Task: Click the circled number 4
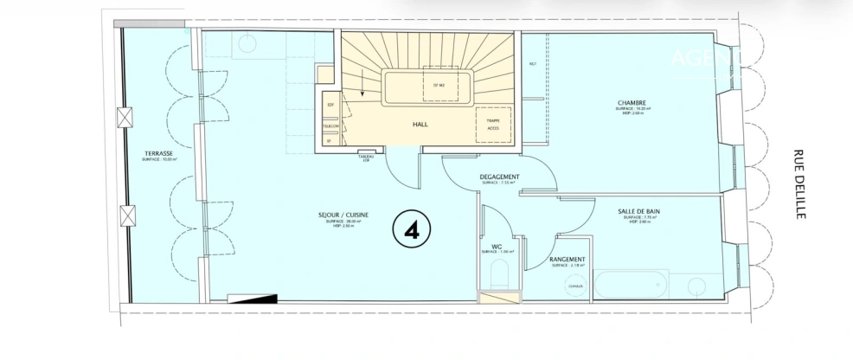click(x=412, y=228)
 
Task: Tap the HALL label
click(x=421, y=125)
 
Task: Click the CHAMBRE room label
click(x=632, y=102)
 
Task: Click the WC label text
click(x=497, y=246)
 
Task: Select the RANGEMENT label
click(x=568, y=259)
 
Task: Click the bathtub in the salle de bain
click(x=630, y=284)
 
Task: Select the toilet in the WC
click(x=499, y=278)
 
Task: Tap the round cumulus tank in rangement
click(x=574, y=286)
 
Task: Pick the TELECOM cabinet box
click(x=330, y=125)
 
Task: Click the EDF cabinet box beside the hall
click(x=330, y=105)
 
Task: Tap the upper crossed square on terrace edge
click(x=131, y=117)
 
